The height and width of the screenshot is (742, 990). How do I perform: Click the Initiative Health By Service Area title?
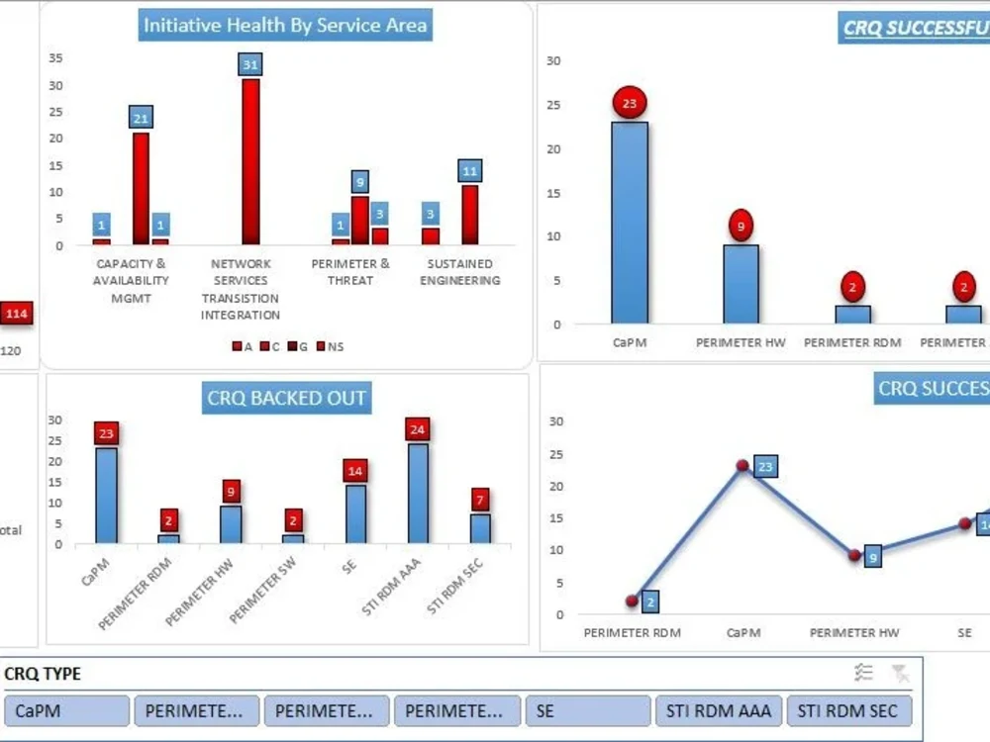285,26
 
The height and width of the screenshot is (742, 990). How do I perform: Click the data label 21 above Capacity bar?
141,119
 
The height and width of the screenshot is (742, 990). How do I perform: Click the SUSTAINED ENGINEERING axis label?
459,272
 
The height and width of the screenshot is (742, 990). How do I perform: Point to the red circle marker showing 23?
630,102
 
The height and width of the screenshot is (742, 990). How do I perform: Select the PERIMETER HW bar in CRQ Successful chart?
741,284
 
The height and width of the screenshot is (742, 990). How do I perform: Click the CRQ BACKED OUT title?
286,399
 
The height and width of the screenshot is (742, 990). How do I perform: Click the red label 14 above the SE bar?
354,471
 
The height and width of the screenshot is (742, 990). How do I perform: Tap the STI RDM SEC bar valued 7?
480,529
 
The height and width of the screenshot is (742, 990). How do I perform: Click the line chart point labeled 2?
632,601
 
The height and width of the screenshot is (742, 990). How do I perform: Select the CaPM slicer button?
66,710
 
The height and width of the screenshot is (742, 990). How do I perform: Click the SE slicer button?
588,710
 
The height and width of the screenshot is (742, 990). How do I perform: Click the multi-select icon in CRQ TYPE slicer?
864,674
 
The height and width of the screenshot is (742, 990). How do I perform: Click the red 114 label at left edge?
16,314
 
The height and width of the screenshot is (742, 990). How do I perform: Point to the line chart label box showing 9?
872,557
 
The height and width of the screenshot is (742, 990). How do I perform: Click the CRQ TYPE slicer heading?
43,674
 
